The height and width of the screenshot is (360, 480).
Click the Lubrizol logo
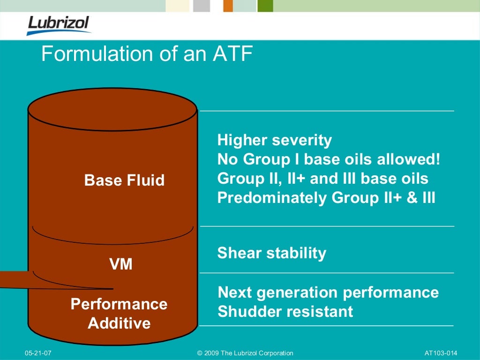59,24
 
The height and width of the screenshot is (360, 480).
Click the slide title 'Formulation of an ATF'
147,54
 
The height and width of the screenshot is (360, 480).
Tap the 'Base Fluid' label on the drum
124,180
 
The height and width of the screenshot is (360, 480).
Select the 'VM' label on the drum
120,265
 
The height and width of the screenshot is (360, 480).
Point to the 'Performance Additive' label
119,314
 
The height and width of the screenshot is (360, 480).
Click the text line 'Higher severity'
274,140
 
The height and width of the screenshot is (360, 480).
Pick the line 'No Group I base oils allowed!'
329,159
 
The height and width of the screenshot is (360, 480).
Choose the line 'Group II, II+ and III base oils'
322,179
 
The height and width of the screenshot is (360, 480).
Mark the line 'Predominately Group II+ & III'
326,198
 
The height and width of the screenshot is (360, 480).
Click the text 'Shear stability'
271,253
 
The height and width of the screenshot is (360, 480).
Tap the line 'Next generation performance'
328,292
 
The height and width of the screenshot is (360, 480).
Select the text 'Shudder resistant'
285,311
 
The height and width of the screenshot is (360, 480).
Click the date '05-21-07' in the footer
38,353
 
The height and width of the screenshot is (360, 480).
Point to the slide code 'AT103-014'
440,353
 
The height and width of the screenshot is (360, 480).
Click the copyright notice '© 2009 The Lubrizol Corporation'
245,353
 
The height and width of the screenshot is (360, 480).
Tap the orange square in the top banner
228,6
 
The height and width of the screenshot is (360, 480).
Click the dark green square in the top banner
265,6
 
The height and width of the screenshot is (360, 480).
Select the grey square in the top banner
201,6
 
